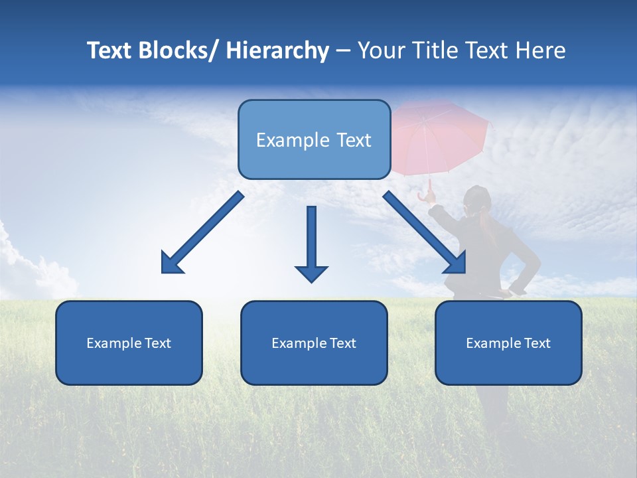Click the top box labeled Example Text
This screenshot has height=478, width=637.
pos(314,139)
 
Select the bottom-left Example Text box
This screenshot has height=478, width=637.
pos(129,343)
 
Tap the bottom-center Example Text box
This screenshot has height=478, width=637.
pos(314,343)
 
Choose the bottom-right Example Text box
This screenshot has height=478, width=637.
pos(508,343)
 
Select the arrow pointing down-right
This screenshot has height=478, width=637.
pos(425,233)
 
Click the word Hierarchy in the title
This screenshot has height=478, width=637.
pos(277,51)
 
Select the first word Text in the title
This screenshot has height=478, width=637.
pos(109,51)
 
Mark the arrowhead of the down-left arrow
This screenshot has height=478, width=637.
pos(172,263)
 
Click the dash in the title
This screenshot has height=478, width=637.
pos(342,51)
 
